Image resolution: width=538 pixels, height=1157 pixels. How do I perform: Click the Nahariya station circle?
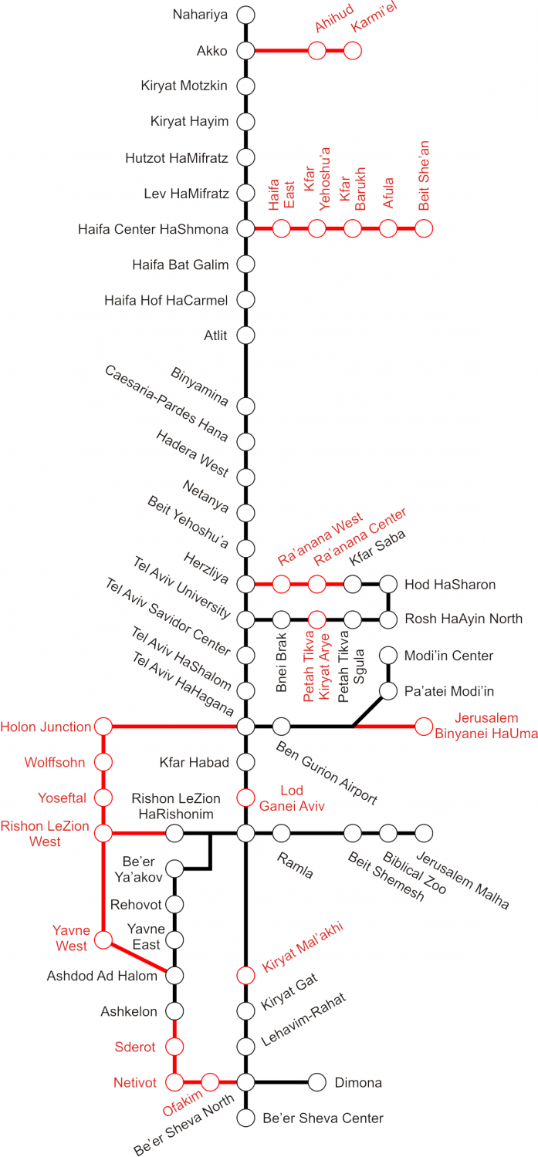pos(245,15)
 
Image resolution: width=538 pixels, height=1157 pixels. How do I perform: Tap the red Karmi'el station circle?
pos(352,51)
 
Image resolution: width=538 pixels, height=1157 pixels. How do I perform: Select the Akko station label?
pos(212,51)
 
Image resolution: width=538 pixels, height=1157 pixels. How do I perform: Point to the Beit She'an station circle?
pos(424,228)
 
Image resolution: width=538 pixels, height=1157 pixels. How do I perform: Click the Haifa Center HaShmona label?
pos(153,229)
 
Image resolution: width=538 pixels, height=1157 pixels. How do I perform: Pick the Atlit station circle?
pos(245,335)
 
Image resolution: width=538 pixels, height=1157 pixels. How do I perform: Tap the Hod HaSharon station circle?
pos(388,584)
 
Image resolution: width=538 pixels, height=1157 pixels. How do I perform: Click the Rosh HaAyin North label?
pos(463,619)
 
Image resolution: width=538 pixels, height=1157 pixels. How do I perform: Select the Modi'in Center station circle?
pos(388,655)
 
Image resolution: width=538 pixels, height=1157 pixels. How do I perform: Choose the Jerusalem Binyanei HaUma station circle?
pos(424,726)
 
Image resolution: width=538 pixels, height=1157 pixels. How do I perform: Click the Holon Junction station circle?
pos(103,726)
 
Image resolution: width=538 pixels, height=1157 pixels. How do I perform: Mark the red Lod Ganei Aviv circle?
pos(245,797)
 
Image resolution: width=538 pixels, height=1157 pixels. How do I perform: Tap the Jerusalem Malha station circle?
pos(424,832)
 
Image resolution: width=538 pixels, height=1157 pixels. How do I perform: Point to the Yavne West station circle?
pos(103,940)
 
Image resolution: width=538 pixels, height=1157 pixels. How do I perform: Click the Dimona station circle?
pos(317,1082)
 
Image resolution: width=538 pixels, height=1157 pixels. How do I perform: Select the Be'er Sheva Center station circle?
pos(245,1117)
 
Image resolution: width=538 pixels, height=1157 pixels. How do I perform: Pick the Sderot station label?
pos(134,1047)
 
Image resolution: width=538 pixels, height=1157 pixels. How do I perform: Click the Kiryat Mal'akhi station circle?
pos(245,975)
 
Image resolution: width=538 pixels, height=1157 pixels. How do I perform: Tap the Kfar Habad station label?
pos(194,762)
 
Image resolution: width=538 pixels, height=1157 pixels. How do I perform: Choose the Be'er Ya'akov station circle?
pos(174,869)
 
